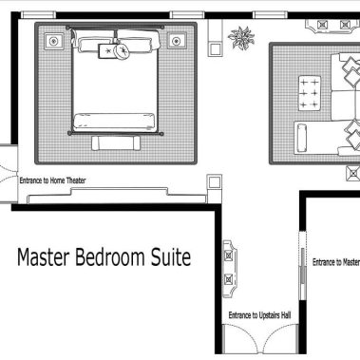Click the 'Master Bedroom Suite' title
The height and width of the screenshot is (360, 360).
(x=104, y=257)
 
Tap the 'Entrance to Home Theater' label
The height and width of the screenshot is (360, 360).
(x=52, y=180)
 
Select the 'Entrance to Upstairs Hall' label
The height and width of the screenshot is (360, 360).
(x=259, y=315)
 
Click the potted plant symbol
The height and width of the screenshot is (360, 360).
(x=241, y=38)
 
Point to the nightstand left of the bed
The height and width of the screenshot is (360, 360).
(x=53, y=41)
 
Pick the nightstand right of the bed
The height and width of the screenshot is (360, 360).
(x=177, y=41)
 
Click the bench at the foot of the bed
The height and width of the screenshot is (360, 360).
(x=116, y=143)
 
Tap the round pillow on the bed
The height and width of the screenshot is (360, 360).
(x=123, y=50)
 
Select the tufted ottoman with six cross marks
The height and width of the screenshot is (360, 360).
(x=309, y=93)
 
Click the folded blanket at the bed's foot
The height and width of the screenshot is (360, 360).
(x=114, y=122)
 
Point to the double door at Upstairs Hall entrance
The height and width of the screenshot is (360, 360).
(x=260, y=339)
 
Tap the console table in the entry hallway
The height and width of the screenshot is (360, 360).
(x=230, y=269)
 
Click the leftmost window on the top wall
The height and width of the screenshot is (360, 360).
(x=38, y=14)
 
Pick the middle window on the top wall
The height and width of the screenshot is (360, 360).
(x=187, y=14)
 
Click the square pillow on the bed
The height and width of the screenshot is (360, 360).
(x=106, y=51)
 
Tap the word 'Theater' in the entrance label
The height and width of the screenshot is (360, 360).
(x=76, y=180)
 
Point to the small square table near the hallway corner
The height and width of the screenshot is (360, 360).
(x=215, y=182)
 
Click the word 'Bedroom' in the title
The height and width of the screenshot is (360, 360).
(x=110, y=257)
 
